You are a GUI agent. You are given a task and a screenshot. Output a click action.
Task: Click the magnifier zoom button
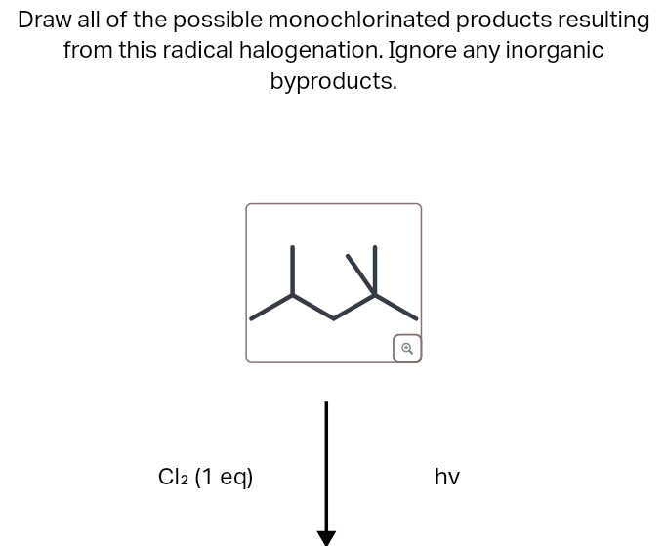tap(407, 349)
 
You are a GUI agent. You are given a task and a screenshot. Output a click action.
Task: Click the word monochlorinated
tap(359, 20)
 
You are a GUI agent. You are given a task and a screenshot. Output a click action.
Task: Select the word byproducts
tap(334, 81)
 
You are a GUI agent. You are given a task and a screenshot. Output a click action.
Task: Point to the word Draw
tap(45, 20)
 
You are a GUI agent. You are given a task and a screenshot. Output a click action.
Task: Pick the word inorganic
tap(554, 50)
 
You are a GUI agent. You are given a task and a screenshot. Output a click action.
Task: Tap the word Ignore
tap(423, 50)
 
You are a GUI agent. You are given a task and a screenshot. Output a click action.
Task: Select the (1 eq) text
tap(224, 478)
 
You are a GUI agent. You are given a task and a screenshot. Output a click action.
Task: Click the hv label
tap(447, 477)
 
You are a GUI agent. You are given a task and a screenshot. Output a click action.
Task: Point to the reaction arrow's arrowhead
tap(326, 538)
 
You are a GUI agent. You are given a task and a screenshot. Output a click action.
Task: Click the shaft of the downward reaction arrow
tap(326, 466)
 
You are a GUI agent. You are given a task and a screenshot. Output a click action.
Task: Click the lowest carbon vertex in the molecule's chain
tap(333, 319)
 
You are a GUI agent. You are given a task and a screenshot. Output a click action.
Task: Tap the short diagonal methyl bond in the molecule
tap(361, 274)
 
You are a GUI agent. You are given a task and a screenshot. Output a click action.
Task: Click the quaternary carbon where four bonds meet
tap(375, 295)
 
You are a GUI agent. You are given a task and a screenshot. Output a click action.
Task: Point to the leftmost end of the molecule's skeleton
tap(251, 319)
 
